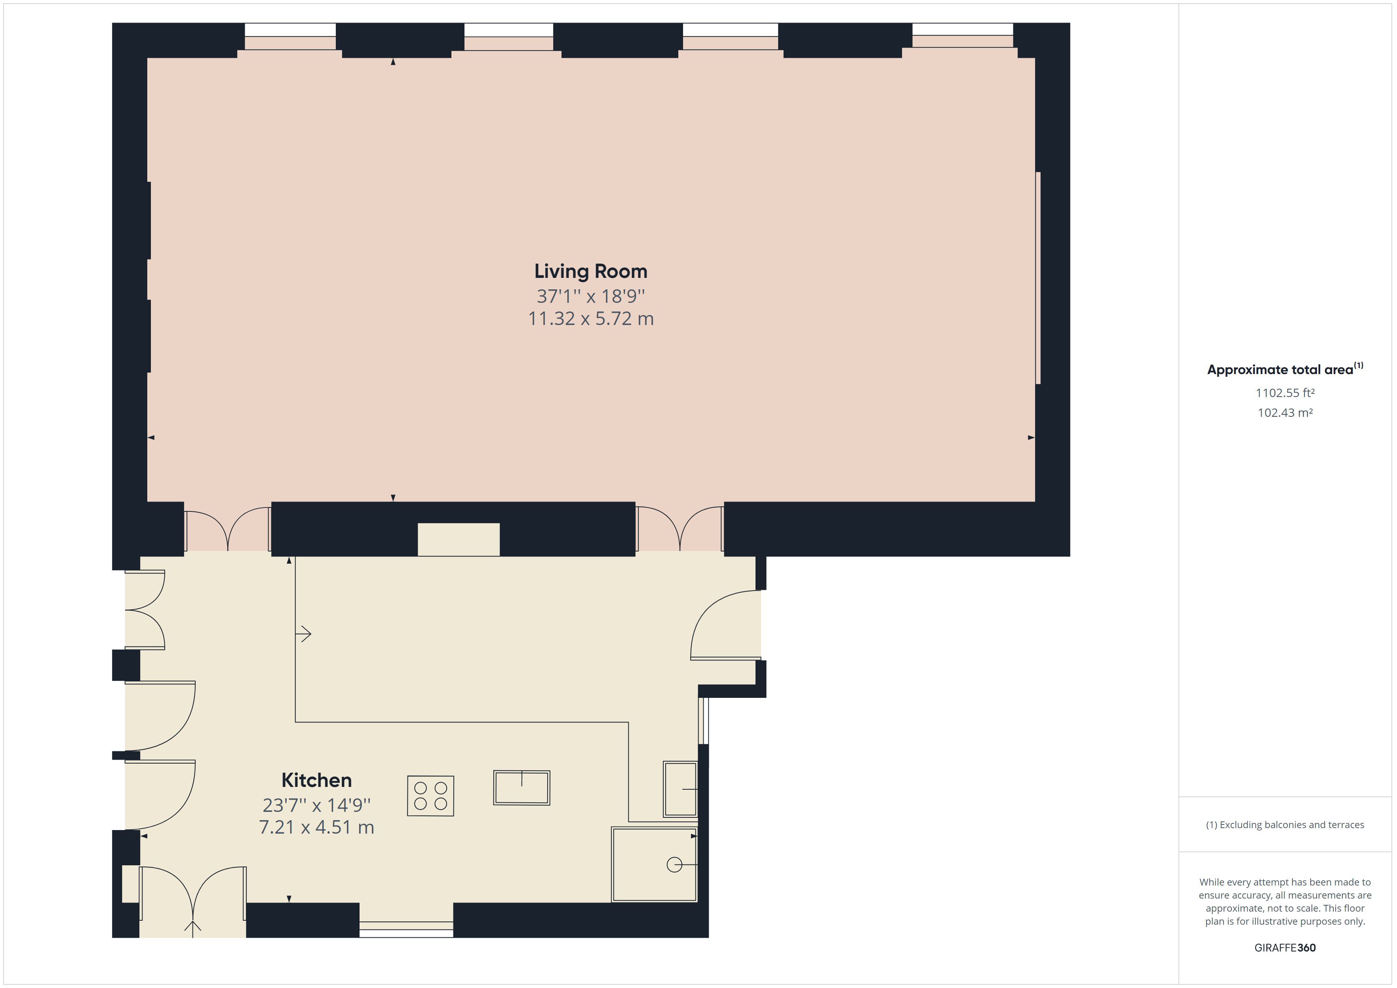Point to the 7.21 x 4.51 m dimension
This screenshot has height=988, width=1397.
click(x=316, y=827)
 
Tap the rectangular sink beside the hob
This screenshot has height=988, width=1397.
click(x=521, y=788)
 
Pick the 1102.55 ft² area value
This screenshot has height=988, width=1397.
click(x=1285, y=393)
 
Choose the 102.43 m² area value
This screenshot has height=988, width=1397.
click(x=1285, y=412)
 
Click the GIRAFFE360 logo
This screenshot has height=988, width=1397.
click(x=1285, y=947)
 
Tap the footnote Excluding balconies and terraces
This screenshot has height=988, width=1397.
click(x=1285, y=825)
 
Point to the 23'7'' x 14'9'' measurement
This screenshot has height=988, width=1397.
click(x=316, y=805)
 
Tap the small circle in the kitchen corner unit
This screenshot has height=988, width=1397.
click(x=674, y=864)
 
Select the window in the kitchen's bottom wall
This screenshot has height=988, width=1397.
click(x=406, y=929)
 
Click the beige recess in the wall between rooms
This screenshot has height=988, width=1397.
click(x=459, y=539)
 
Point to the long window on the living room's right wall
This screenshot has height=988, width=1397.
click(x=1038, y=278)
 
